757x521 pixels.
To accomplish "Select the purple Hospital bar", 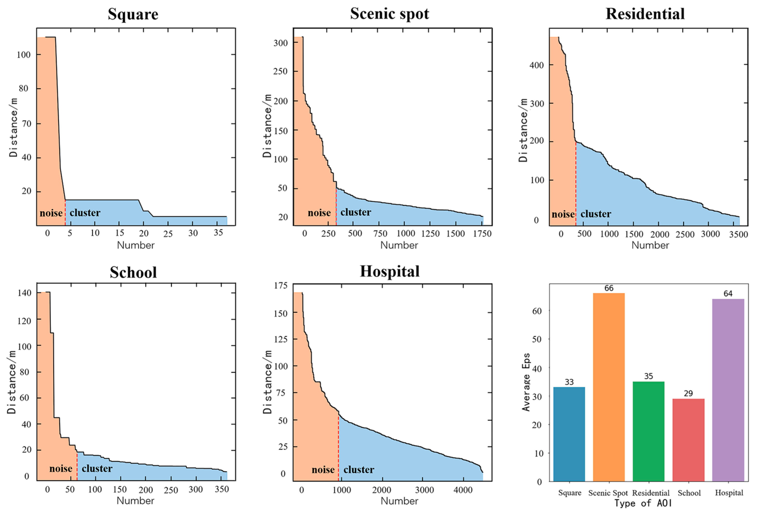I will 728,390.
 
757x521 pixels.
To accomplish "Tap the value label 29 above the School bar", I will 688,393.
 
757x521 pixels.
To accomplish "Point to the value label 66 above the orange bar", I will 609,288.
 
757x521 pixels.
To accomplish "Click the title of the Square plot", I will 133,14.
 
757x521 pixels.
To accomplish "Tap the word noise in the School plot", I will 61,469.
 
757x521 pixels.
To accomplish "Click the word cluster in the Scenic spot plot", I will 356,212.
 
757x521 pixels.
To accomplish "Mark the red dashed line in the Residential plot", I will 576,183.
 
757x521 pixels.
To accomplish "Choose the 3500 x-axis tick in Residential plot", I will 738,234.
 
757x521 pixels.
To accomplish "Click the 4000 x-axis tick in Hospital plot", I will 463,490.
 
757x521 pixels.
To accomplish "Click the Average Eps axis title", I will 526,382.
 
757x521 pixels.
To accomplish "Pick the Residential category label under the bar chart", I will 651,493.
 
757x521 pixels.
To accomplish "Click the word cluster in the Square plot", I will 85,213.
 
